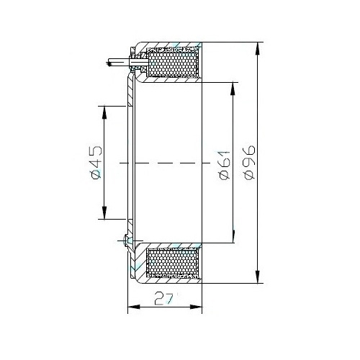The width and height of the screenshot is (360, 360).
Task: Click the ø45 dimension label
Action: click(x=96, y=163)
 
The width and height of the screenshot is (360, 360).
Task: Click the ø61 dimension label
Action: click(x=225, y=166)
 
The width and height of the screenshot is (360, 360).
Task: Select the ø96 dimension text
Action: click(x=249, y=163)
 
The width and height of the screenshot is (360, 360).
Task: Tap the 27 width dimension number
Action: click(x=164, y=299)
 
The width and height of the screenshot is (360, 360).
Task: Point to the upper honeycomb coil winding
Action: click(x=174, y=63)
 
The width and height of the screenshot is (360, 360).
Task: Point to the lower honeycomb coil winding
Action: click(x=174, y=262)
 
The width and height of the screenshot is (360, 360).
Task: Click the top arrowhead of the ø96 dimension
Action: click(x=258, y=49)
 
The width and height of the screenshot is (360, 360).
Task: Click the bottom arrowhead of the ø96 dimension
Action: click(x=258, y=276)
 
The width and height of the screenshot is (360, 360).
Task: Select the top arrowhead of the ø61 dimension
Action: click(x=233, y=89)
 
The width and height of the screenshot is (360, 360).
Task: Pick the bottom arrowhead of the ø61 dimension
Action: click(x=233, y=236)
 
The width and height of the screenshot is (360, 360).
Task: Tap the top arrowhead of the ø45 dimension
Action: click(x=104, y=112)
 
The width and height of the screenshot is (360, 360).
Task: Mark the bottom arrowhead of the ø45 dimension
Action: click(x=104, y=212)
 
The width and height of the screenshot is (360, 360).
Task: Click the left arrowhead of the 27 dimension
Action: click(x=134, y=307)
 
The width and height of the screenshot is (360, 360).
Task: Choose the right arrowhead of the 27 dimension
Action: click(x=196, y=307)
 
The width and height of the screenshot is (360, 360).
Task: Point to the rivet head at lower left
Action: click(x=127, y=240)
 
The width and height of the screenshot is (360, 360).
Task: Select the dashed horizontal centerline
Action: click(x=165, y=163)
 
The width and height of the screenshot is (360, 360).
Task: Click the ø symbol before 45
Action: click(x=96, y=174)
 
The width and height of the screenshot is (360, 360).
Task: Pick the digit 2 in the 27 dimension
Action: click(x=159, y=299)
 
